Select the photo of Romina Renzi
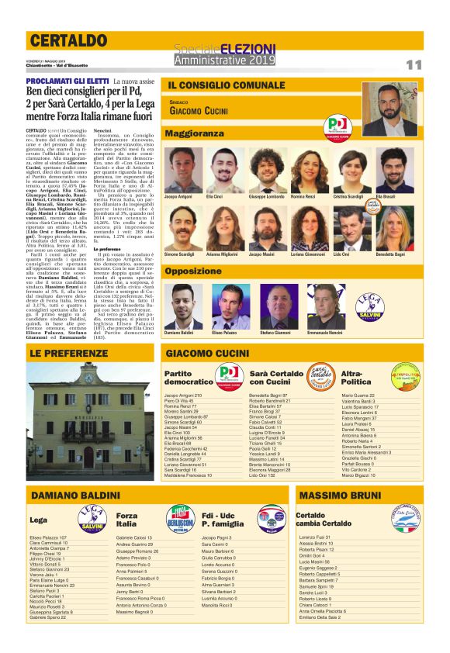pos(303,166)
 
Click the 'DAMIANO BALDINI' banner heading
pos(76,495)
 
